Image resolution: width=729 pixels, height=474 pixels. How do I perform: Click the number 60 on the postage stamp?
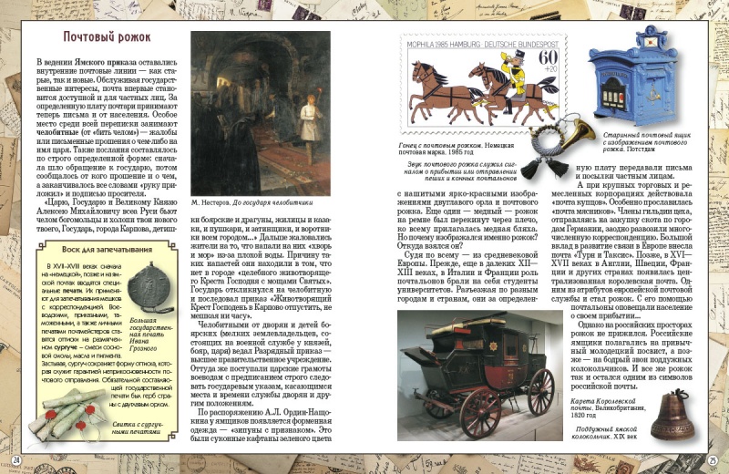(549, 60)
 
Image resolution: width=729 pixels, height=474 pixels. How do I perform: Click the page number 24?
(15, 459)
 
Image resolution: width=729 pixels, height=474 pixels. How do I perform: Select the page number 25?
(714, 459)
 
